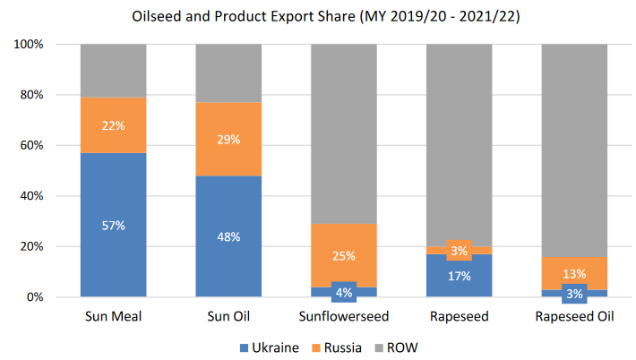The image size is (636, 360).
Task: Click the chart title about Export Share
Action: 317,17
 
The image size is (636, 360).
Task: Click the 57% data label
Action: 114,226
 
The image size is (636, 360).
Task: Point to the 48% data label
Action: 228,237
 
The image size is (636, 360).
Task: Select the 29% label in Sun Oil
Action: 228,139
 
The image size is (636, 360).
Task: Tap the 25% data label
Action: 344,256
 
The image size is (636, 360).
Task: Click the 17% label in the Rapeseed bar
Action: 459,276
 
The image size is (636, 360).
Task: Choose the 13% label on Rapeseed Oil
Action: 574,273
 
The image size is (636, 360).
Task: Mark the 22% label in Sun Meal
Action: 114,125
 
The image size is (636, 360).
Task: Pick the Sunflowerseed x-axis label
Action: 344,317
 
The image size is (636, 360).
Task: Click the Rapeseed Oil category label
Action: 574,317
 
